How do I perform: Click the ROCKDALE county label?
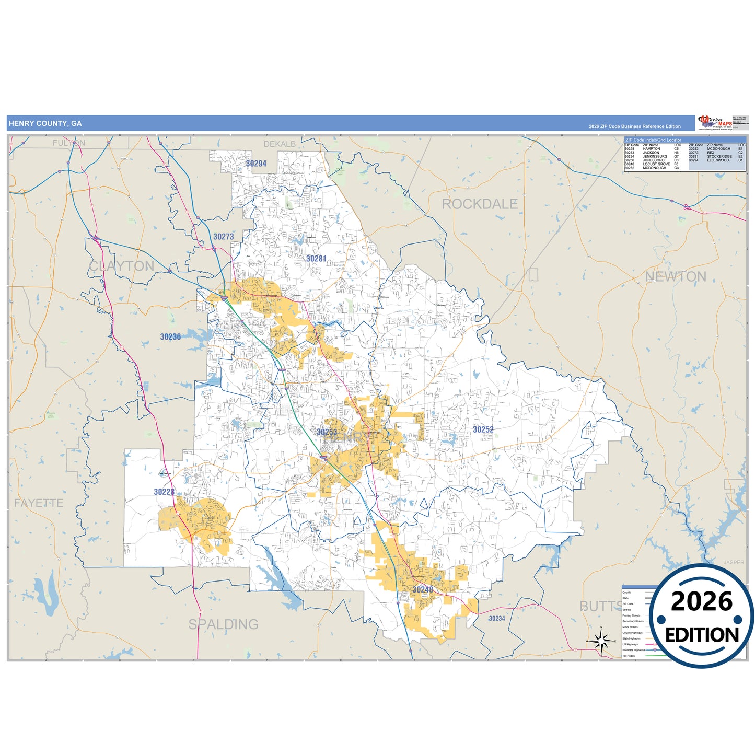[x=479, y=204]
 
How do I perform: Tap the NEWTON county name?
[x=675, y=276]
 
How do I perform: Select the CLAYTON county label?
[x=121, y=266]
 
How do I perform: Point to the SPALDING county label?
[x=223, y=624]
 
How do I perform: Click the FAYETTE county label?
[x=38, y=503]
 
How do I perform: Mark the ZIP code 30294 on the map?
[x=256, y=164]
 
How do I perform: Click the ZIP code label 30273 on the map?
[x=223, y=237]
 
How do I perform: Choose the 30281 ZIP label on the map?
[x=316, y=259]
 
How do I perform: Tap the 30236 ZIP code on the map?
[x=170, y=337]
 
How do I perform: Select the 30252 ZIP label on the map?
[x=483, y=429]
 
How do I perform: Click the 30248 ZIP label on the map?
[x=422, y=589]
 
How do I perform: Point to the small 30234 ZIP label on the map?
[x=496, y=619]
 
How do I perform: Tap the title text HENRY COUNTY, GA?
[x=45, y=124]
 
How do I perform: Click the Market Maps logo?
[x=715, y=123]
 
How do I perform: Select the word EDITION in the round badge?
[x=702, y=635]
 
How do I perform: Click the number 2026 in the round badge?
[x=701, y=602]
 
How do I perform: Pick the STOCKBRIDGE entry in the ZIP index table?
[x=719, y=157]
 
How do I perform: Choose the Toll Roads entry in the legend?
[x=629, y=656]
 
